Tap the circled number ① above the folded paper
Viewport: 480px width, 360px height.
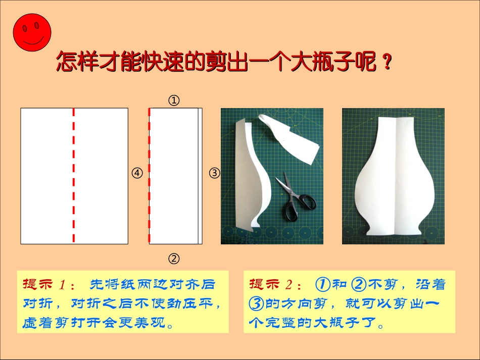point(174,100)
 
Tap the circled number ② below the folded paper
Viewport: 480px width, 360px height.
point(174,259)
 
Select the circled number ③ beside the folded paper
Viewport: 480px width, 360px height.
point(215,173)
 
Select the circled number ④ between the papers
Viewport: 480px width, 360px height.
point(137,173)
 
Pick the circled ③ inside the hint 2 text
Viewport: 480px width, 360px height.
point(257,303)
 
